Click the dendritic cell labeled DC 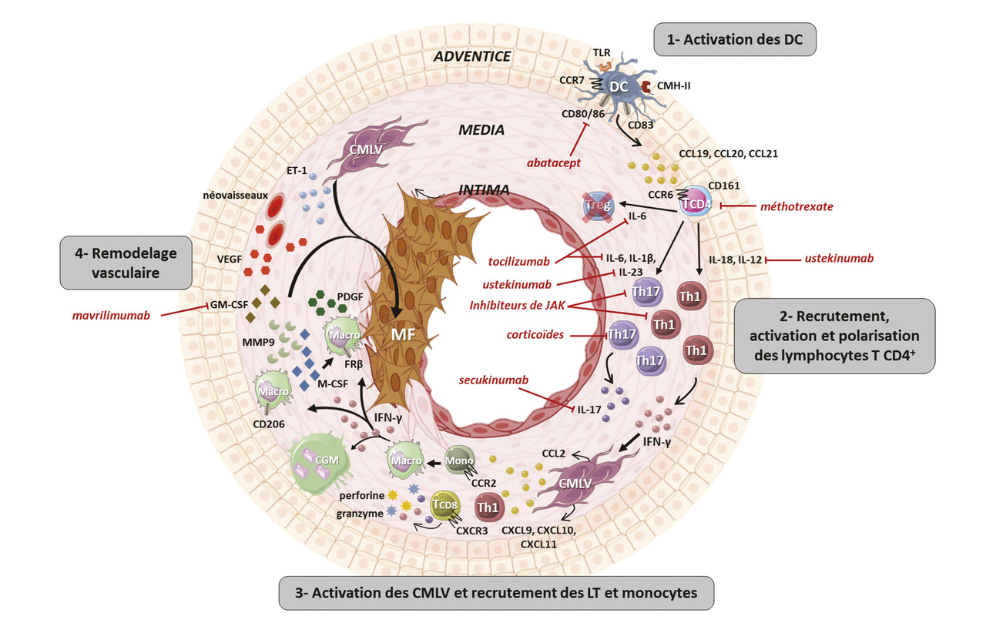619,87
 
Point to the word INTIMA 484,188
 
